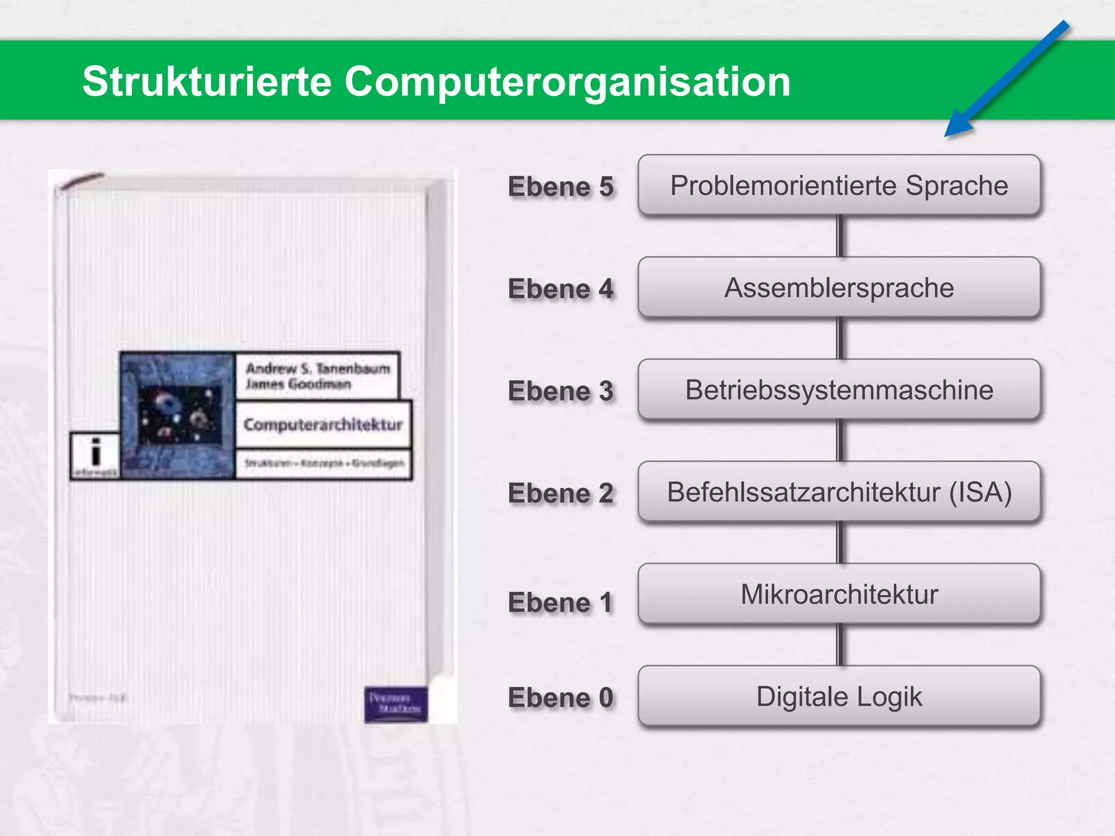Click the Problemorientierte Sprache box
[839, 185]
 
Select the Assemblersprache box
[839, 287]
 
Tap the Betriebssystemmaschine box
[839, 390]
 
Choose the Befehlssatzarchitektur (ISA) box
[839, 492]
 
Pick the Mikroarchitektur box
[839, 594]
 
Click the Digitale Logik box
[839, 696]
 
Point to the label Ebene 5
[560, 187]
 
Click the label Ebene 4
[560, 288]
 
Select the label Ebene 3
[560, 391]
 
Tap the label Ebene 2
[560, 493]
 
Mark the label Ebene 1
[560, 603]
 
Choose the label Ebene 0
[560, 697]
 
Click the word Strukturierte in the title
[207, 82]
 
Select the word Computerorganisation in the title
[567, 82]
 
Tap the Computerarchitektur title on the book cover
[323, 425]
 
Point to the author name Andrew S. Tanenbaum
[318, 368]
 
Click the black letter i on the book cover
[96, 452]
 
